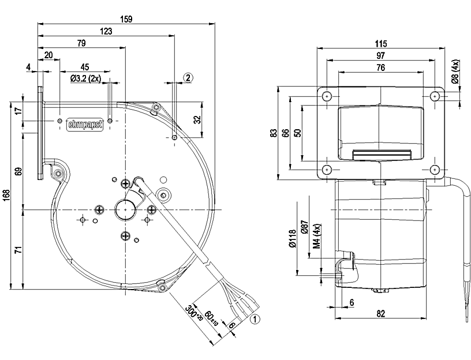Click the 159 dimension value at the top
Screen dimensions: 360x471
click(125, 19)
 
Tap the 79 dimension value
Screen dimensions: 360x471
click(81, 43)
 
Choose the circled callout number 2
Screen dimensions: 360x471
click(189, 77)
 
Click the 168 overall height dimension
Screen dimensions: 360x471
click(6, 196)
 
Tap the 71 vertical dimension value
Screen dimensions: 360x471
click(18, 250)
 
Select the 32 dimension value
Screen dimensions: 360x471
click(197, 121)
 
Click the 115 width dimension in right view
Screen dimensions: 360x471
click(380, 44)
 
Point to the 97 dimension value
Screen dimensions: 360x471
click(380, 55)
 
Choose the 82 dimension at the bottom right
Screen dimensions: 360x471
click(381, 314)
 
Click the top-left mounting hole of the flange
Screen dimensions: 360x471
click(327, 96)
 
